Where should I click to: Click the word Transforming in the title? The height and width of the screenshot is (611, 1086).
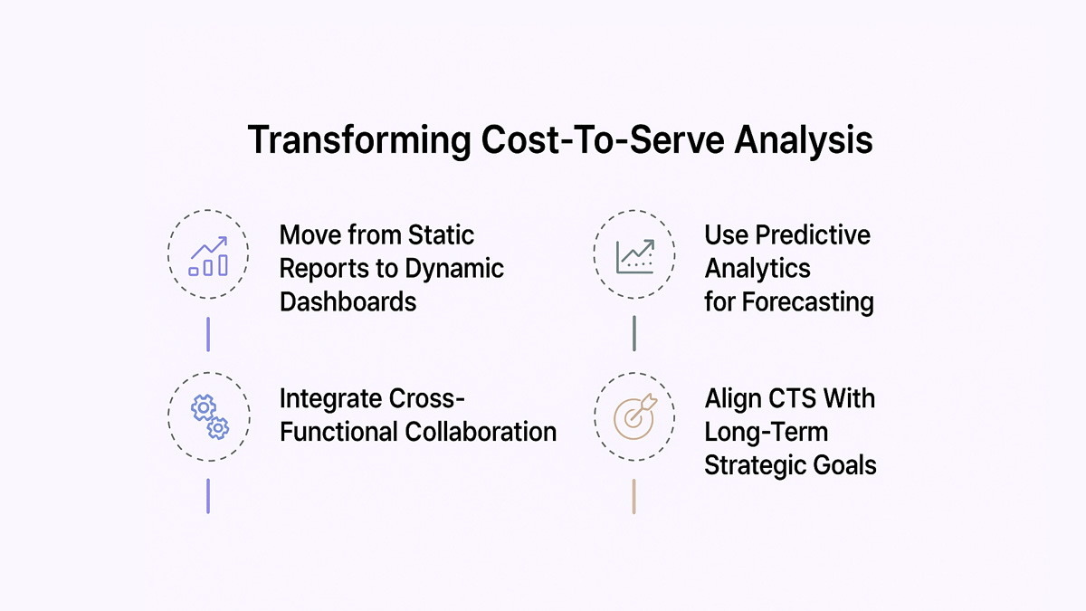pos(359,140)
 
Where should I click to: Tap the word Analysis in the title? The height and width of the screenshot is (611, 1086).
pos(804,140)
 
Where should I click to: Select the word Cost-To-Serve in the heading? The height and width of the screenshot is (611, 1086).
pos(603,139)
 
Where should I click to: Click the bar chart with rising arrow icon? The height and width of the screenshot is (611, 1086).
pos(208,256)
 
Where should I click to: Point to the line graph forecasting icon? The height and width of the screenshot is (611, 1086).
pos(635,256)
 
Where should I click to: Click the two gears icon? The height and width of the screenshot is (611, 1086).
pos(209,417)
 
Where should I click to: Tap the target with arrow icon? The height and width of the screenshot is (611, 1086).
pos(635,417)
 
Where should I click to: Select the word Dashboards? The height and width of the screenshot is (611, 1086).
pos(348,301)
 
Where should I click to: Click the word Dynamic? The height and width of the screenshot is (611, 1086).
pos(454,268)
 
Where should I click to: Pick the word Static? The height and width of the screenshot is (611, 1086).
pos(441,235)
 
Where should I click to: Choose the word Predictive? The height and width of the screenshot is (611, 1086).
pos(813,235)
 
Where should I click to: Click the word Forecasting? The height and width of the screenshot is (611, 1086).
pos(808,302)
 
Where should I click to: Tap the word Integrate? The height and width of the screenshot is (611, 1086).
pos(330,399)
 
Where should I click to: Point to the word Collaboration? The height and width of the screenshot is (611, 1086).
pos(481,432)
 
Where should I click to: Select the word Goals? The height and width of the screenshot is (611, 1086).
pos(844,465)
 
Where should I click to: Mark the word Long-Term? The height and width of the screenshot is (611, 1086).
pos(766,432)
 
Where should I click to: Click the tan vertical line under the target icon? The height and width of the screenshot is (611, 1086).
pos(633,497)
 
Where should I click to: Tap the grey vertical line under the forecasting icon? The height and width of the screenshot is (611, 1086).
pos(634,334)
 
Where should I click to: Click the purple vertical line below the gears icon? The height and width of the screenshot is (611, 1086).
pos(208,496)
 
